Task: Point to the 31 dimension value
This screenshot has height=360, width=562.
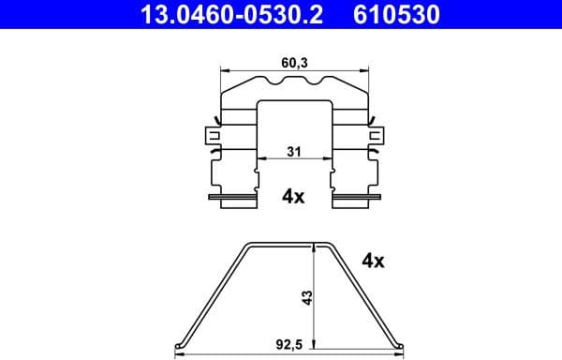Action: (293, 153)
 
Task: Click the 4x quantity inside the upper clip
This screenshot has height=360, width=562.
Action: (293, 196)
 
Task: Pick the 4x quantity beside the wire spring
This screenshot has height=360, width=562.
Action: (372, 262)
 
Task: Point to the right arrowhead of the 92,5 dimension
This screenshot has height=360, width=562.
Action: (403, 354)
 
